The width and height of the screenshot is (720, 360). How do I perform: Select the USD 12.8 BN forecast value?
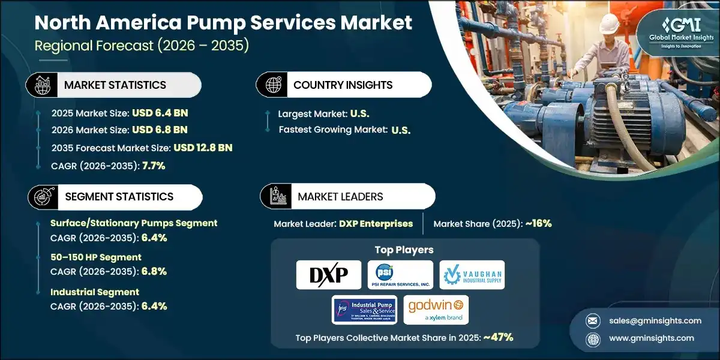203,148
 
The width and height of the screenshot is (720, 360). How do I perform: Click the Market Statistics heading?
115,85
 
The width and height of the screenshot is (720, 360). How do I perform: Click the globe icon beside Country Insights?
274,85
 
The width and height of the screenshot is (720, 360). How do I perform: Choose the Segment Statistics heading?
119,197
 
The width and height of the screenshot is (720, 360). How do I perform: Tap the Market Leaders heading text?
340,197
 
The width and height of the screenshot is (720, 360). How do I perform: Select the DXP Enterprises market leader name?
376,224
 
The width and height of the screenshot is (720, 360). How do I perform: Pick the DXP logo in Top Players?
329,275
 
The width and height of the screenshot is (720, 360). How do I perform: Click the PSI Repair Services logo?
400,275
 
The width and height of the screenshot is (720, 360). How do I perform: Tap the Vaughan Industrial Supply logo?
472,275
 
